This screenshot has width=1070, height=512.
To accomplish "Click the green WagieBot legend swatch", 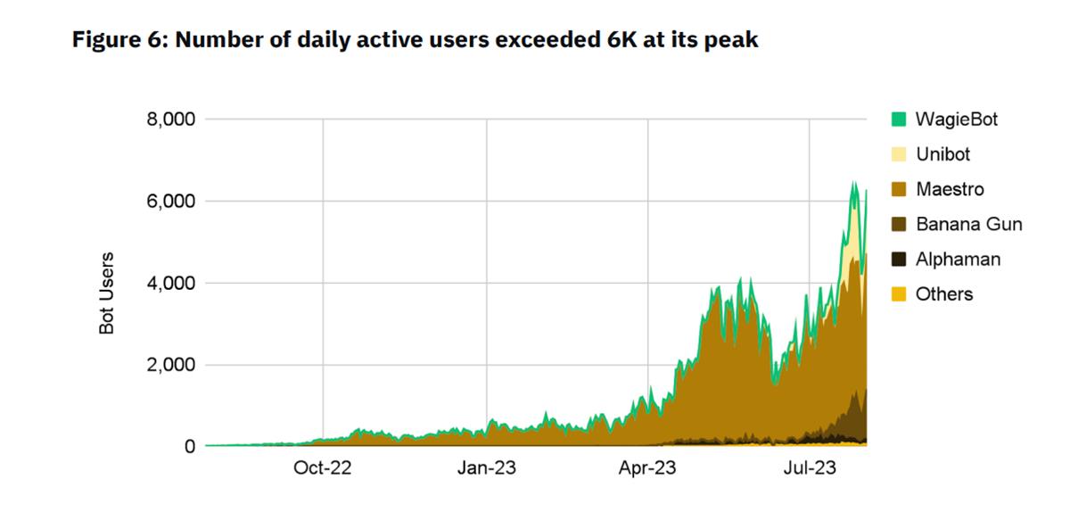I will pyautogui.click(x=899, y=120).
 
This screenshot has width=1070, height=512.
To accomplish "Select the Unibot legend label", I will pyautogui.click(x=942, y=154).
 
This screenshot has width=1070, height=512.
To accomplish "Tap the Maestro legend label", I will pyautogui.click(x=950, y=189).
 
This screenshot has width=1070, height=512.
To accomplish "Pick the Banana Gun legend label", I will pyautogui.click(x=968, y=224).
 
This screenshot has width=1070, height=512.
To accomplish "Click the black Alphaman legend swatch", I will pyautogui.click(x=899, y=260).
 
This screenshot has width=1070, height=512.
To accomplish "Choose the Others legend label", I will pyautogui.click(x=944, y=294).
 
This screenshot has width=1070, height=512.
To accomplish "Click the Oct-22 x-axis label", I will pyautogui.click(x=323, y=468).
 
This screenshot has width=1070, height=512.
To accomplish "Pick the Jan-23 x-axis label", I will pyautogui.click(x=486, y=468).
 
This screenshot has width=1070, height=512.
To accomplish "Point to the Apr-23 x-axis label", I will pyautogui.click(x=648, y=468).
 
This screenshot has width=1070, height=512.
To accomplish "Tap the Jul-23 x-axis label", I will pyautogui.click(x=810, y=468).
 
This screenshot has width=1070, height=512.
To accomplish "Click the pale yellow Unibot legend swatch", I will pyautogui.click(x=899, y=154).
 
